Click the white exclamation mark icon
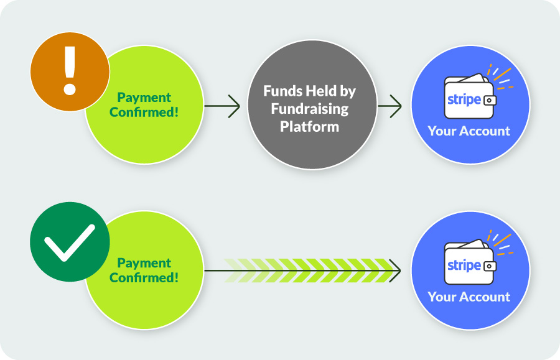(70, 70)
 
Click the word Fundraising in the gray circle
(309, 109)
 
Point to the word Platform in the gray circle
(309, 126)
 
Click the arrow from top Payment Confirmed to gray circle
(222, 106)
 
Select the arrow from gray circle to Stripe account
(390, 106)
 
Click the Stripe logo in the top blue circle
(464, 99)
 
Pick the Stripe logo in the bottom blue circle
(464, 265)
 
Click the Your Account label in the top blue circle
(469, 131)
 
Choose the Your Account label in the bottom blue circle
(469, 297)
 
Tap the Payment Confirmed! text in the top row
(144, 104)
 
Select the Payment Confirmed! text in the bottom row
(144, 270)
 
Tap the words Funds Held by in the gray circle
(309, 91)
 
